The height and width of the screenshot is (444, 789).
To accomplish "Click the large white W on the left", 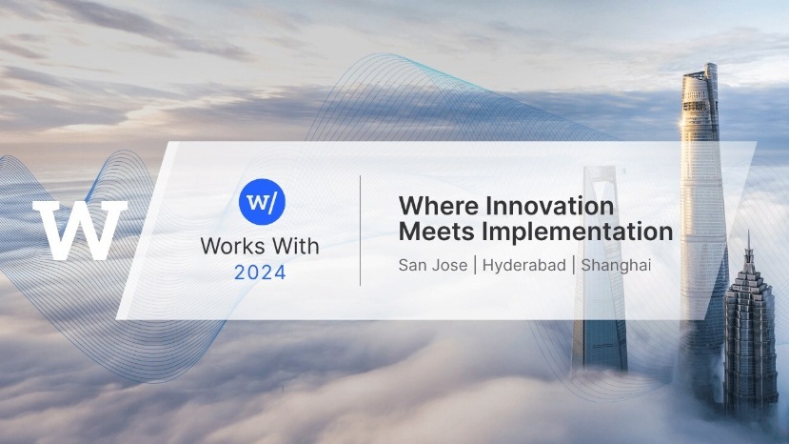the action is (x=80, y=230).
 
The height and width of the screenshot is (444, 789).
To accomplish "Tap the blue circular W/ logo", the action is (x=262, y=202).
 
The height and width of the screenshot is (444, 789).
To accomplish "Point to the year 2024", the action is (x=260, y=272).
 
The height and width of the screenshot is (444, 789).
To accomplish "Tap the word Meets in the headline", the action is (x=436, y=232).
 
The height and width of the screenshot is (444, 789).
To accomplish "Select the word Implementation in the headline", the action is (x=577, y=232).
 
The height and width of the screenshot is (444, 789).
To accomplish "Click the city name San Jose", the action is (x=433, y=265).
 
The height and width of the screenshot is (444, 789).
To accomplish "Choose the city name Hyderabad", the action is (x=524, y=266).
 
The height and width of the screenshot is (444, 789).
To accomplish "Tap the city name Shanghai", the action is (x=617, y=266).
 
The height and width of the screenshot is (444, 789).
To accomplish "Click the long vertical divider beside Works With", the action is (x=361, y=231).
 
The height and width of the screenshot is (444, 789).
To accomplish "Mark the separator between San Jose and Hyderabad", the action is (x=475, y=265).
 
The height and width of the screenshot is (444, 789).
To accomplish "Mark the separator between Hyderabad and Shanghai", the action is (x=574, y=265).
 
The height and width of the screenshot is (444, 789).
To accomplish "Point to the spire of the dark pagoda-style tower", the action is (x=748, y=250).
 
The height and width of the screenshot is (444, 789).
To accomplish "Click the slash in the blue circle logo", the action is (x=270, y=202).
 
